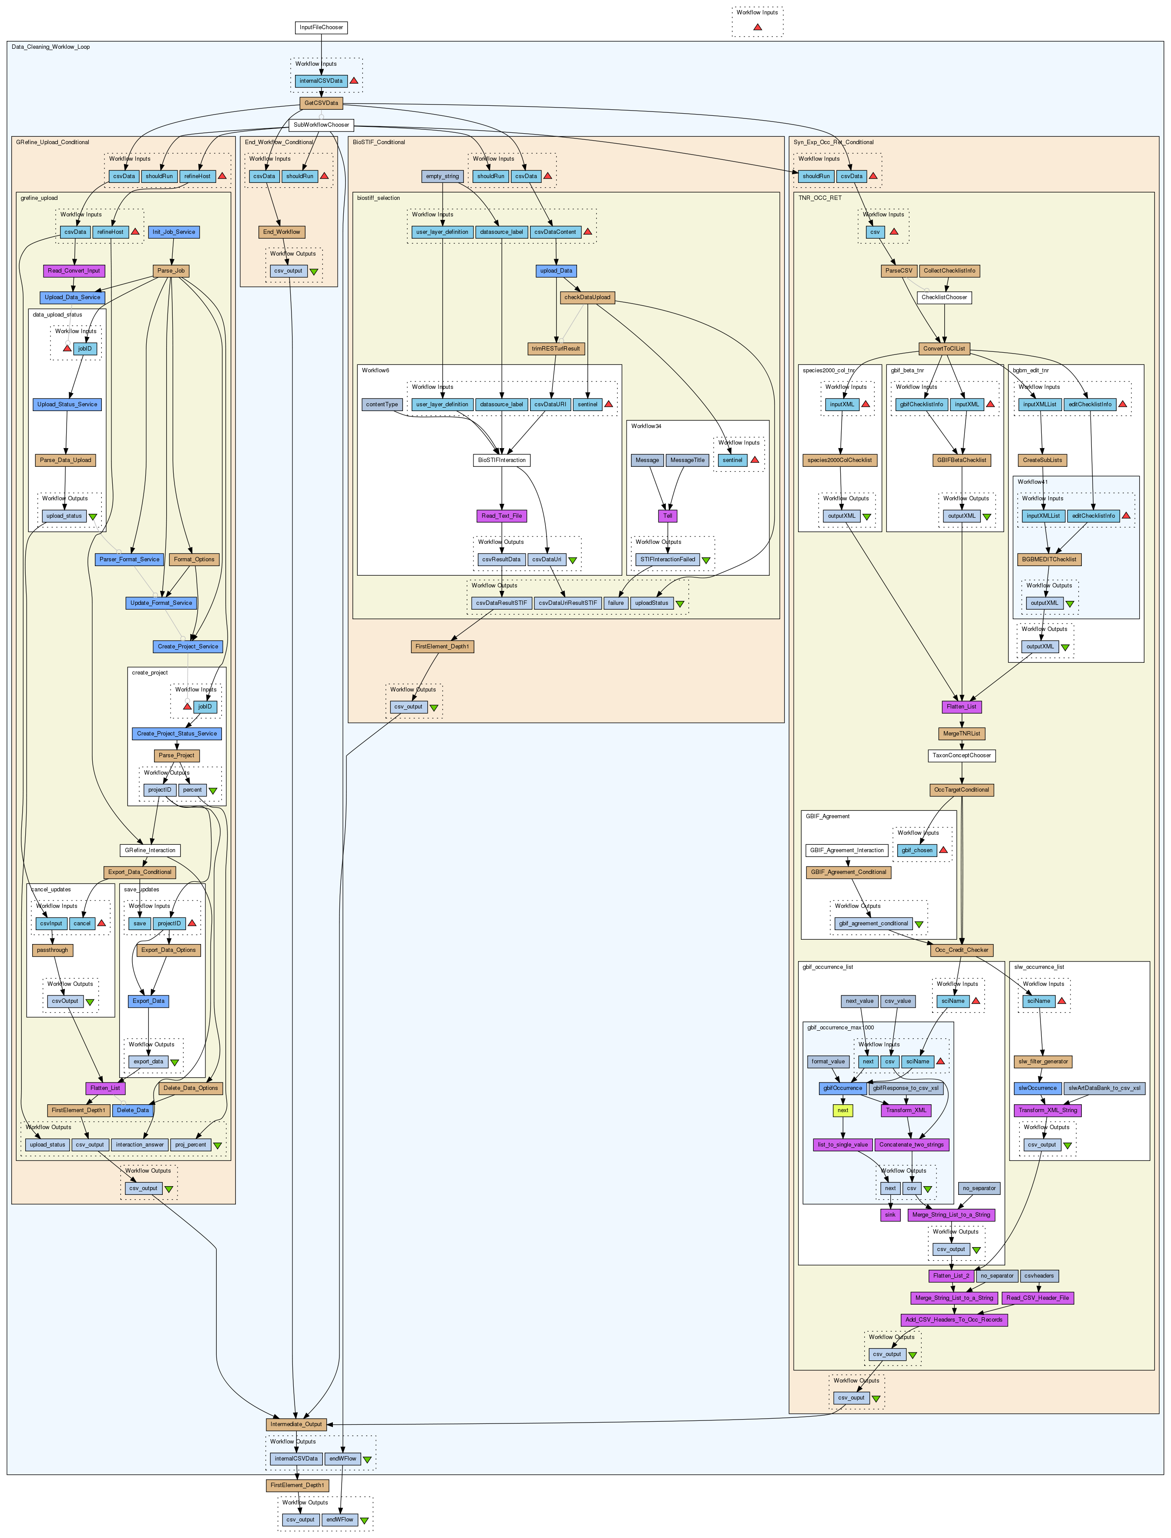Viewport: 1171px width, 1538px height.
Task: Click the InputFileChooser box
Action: [x=321, y=27]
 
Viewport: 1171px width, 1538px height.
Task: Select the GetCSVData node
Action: [x=321, y=103]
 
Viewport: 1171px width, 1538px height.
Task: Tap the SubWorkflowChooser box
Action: [x=321, y=125]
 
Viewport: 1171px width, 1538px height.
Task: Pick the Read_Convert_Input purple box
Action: [x=74, y=271]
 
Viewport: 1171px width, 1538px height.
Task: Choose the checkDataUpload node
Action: [x=587, y=297]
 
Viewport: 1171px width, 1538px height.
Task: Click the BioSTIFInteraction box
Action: [x=502, y=460]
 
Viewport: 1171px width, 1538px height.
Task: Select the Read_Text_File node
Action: [x=502, y=516]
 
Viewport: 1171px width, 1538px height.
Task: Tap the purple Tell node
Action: [x=668, y=516]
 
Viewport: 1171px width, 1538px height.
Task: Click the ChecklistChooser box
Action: [x=944, y=297]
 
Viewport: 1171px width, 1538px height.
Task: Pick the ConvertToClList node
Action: [x=944, y=349]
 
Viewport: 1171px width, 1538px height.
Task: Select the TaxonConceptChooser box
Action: [x=962, y=756]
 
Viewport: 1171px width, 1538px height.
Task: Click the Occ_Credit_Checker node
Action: [x=962, y=950]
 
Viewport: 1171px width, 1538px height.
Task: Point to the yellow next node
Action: [x=843, y=1110]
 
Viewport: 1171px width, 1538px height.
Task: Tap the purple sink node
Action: [x=890, y=1215]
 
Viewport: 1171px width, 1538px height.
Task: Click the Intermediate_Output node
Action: [x=296, y=1424]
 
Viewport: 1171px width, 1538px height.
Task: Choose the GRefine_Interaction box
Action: [x=150, y=850]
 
